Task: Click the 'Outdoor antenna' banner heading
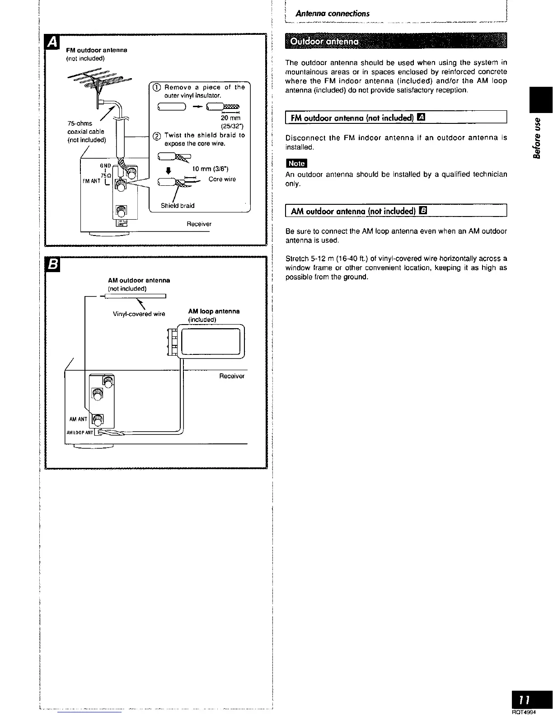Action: [324, 42]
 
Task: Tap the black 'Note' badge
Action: [296, 164]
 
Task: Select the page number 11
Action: [524, 700]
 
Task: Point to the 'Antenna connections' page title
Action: [332, 14]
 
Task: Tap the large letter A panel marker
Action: [53, 42]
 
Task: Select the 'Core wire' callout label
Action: [222, 179]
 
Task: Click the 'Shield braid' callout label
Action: [178, 206]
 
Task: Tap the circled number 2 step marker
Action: [156, 136]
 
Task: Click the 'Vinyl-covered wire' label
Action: [139, 314]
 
